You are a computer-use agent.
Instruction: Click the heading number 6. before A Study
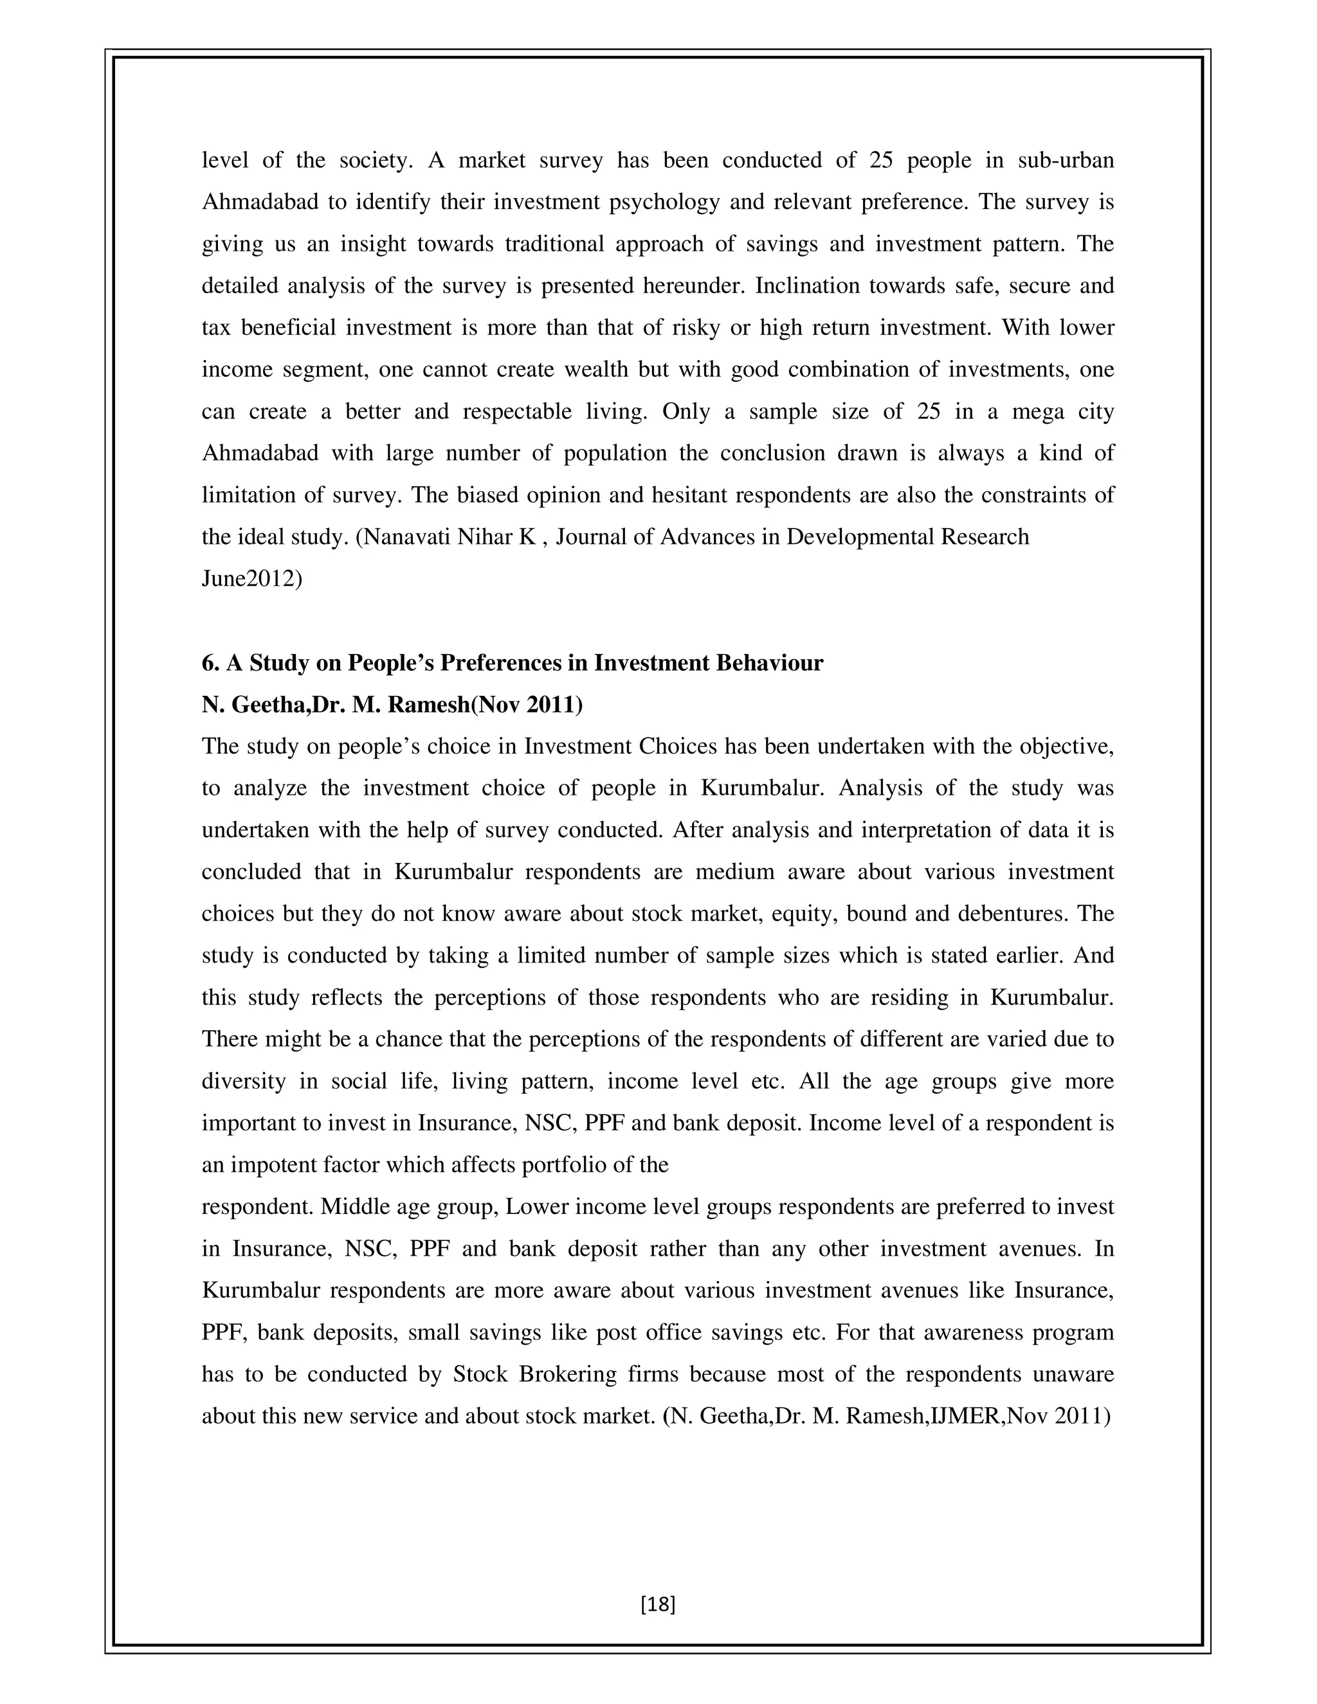point(211,662)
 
